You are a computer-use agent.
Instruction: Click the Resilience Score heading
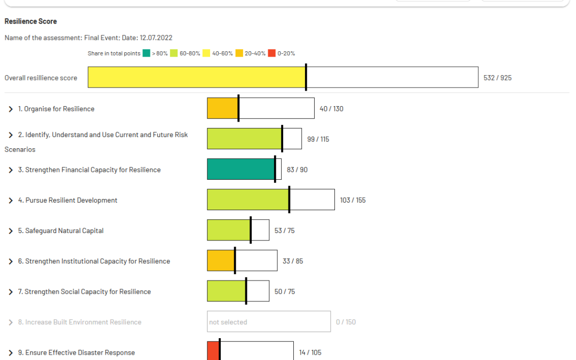tap(30, 21)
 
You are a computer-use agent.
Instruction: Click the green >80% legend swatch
tap(146, 53)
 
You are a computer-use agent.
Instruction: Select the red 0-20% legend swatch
tap(271, 53)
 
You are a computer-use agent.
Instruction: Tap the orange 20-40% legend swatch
tap(239, 53)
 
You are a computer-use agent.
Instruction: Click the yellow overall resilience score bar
tap(196, 77)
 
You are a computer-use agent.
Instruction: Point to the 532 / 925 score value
tap(497, 78)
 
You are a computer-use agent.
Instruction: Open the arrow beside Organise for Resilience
tap(10, 109)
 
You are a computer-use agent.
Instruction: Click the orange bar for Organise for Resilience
tap(222, 108)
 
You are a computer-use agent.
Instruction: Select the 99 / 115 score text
tap(318, 139)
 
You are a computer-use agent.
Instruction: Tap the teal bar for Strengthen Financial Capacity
tap(241, 169)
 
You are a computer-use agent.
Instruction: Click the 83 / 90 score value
tap(297, 170)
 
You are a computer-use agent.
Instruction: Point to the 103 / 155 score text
tap(353, 200)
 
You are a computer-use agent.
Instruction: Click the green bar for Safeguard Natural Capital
tap(228, 230)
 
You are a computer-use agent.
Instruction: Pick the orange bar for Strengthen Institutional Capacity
tap(221, 261)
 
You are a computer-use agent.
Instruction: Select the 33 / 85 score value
tap(293, 261)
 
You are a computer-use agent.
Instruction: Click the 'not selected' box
tap(268, 322)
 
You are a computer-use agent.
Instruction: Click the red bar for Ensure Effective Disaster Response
tap(213, 351)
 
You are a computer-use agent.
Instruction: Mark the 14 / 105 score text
tap(310, 353)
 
